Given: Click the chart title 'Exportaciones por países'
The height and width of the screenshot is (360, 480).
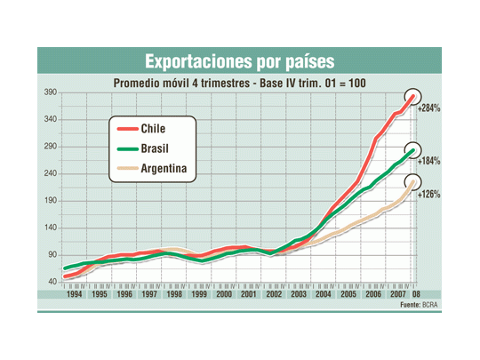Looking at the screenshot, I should tap(239, 61).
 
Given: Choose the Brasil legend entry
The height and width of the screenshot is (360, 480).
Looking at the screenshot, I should tap(156, 148).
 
